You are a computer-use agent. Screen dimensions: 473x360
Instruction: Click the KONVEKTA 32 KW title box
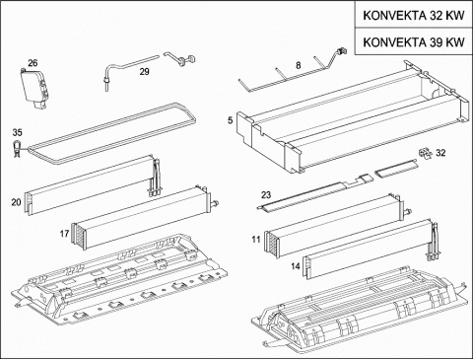(x=414, y=15)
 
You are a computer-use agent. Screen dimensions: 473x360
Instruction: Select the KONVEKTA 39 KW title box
(x=414, y=41)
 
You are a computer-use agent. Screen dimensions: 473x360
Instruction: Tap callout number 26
(x=33, y=63)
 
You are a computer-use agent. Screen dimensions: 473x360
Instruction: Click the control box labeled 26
(x=34, y=88)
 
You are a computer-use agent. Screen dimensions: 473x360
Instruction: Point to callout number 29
(x=145, y=71)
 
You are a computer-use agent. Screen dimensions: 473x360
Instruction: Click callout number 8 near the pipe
(x=298, y=65)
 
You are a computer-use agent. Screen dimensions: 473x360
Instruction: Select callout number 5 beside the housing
(x=230, y=120)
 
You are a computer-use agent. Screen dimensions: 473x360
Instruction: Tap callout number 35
(x=18, y=132)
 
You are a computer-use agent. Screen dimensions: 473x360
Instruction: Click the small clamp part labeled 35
(x=16, y=149)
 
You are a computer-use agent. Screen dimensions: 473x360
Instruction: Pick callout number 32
(x=440, y=153)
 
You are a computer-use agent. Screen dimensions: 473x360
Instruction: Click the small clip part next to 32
(x=424, y=153)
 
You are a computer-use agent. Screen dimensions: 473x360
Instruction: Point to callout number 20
(x=16, y=202)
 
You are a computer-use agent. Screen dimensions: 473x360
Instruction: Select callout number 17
(x=64, y=234)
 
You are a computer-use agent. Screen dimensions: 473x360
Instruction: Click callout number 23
(x=266, y=195)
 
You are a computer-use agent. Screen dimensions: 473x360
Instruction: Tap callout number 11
(x=256, y=240)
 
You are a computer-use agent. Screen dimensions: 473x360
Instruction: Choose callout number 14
(x=296, y=265)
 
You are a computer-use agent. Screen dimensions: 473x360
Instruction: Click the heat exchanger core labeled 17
(x=145, y=219)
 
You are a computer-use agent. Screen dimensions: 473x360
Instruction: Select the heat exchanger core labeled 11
(x=338, y=227)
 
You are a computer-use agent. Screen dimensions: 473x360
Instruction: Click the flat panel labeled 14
(x=370, y=250)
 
